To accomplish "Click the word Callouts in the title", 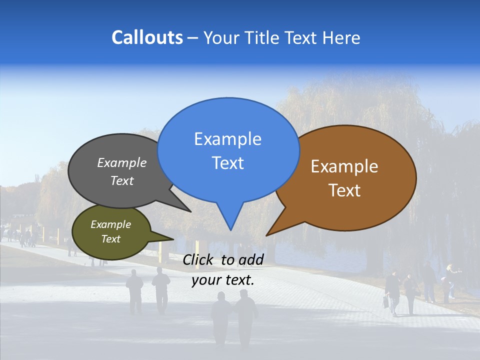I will point(147,37).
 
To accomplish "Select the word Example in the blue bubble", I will point(227,139).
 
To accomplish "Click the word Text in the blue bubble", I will point(227,163).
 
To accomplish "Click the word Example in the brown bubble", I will point(344,166).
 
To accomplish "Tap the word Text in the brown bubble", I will point(344,190).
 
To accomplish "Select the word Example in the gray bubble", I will point(122,163).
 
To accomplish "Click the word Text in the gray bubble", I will point(122,181).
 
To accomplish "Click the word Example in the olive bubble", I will point(110,224).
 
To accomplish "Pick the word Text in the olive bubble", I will point(110,239).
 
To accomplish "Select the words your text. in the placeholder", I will point(222,280).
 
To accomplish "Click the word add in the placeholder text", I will point(251,259).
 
